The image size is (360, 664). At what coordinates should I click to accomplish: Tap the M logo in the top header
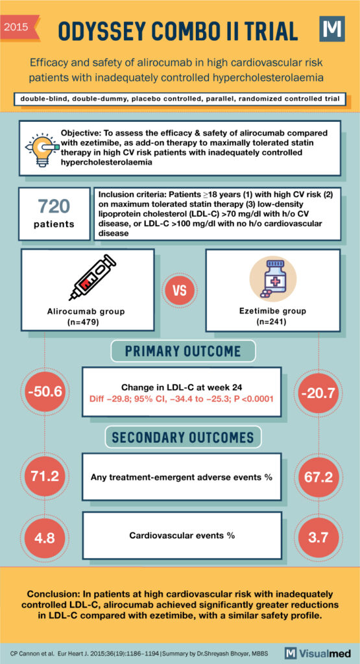tap(332, 29)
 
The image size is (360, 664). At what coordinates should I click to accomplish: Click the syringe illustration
tap(92, 278)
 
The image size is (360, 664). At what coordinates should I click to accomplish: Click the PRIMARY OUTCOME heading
tap(182, 351)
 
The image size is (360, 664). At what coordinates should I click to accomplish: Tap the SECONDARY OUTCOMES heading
tap(182, 436)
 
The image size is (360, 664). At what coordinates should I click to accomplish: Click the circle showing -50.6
tap(44, 392)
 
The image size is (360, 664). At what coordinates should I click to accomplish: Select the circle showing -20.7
tap(318, 392)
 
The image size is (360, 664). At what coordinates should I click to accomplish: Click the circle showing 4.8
tap(44, 536)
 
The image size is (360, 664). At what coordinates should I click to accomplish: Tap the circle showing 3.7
tap(318, 536)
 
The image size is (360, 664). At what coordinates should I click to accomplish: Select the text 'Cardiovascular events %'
tap(182, 536)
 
